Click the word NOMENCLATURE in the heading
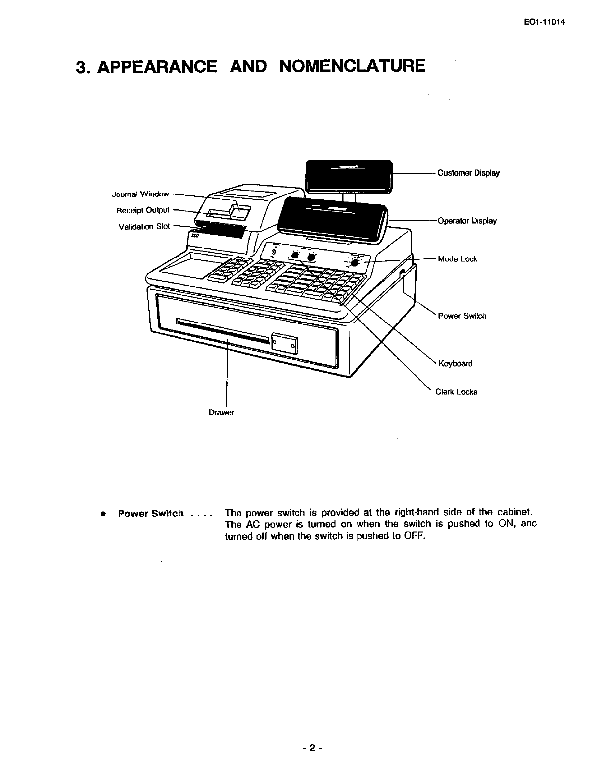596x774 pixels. click(x=352, y=66)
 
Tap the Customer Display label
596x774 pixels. click(x=468, y=173)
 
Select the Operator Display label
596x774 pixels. click(x=467, y=221)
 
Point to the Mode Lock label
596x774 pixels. click(x=457, y=259)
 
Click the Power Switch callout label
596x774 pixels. click(x=462, y=316)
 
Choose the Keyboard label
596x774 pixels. click(x=455, y=364)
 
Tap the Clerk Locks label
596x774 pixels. click(x=456, y=392)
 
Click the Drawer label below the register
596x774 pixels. click(x=221, y=413)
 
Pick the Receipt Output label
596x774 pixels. click(x=143, y=210)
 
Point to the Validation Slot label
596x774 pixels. click(x=144, y=227)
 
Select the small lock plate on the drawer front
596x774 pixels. click(x=285, y=344)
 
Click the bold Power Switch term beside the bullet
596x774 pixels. click(x=151, y=514)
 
